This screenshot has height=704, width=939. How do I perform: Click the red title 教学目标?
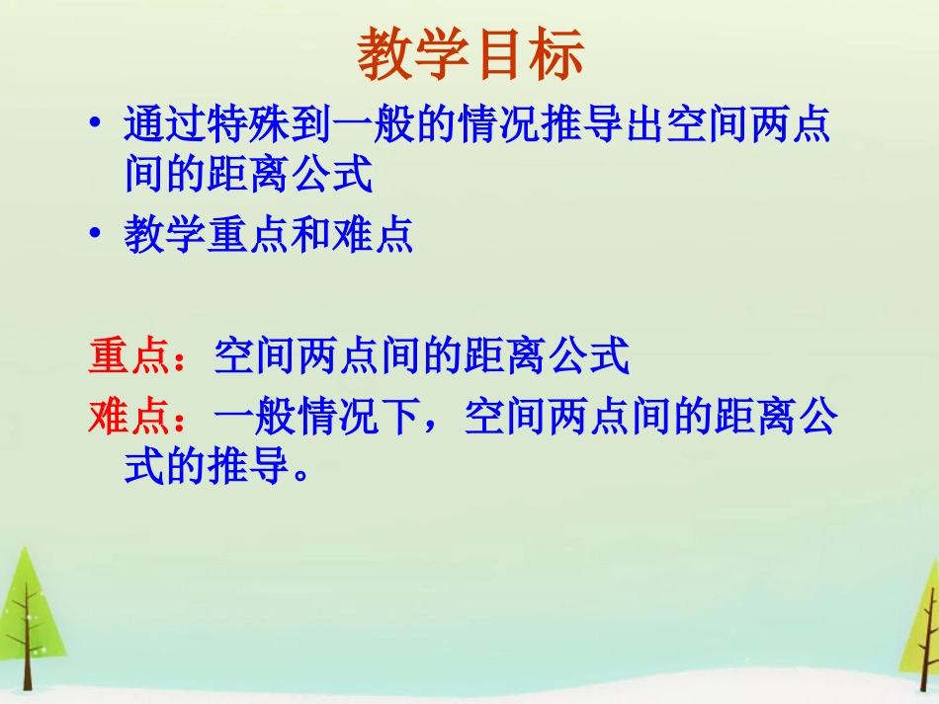[470, 54]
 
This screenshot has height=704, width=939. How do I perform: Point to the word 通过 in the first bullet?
[165, 125]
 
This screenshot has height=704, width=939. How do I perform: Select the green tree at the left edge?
[28, 612]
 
